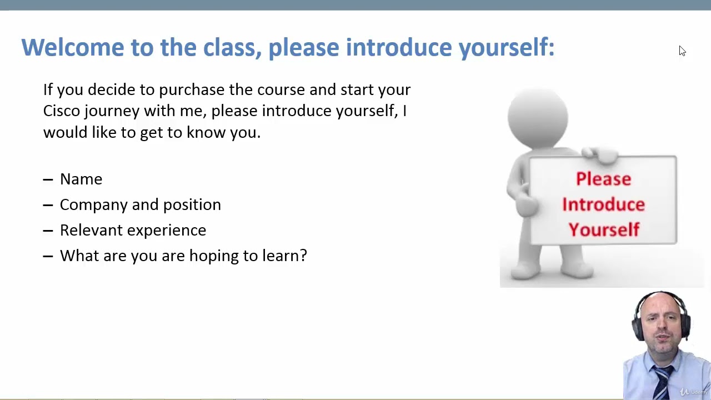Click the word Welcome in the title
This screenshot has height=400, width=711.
(73, 47)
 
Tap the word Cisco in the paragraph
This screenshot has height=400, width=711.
(62, 111)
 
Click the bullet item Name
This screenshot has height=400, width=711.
(81, 179)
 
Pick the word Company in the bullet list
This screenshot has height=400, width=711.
(94, 205)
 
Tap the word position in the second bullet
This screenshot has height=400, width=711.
(192, 205)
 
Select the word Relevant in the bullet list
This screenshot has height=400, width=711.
(91, 230)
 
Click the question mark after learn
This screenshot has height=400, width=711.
(303, 256)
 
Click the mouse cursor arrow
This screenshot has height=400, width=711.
(683, 51)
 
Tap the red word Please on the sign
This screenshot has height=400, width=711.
(604, 179)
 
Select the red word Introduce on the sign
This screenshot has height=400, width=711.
(604, 204)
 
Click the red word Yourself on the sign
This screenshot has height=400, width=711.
(604, 229)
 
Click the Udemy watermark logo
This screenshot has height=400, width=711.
(694, 392)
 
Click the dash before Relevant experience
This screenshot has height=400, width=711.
(48, 231)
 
